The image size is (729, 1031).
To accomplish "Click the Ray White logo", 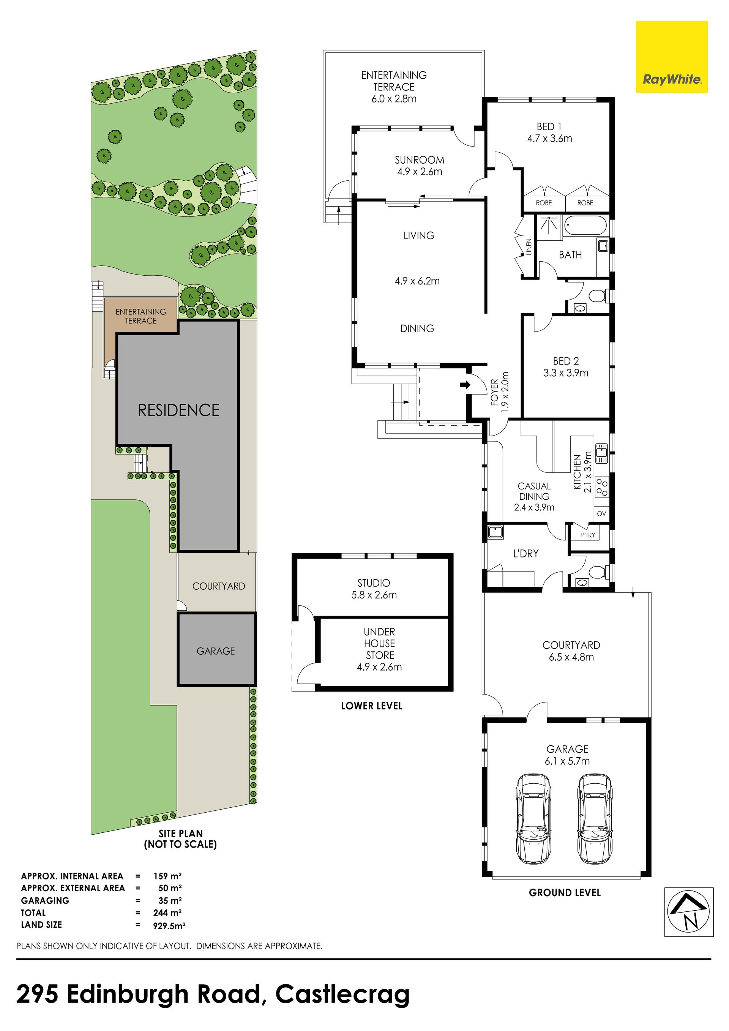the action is click(x=672, y=57).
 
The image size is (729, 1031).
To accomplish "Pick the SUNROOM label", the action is click(x=419, y=160).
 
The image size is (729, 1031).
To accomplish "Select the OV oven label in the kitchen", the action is click(x=601, y=514).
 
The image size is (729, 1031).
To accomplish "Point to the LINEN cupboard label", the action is click(x=529, y=247).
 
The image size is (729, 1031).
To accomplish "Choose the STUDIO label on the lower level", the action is click(x=374, y=583).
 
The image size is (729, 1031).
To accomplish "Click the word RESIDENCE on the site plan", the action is click(x=179, y=410).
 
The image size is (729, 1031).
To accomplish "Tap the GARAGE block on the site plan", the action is click(x=217, y=650).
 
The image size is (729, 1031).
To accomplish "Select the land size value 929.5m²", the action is click(x=170, y=925).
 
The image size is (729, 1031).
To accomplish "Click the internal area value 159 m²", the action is click(x=167, y=876).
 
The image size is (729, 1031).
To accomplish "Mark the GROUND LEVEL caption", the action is click(x=565, y=893).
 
